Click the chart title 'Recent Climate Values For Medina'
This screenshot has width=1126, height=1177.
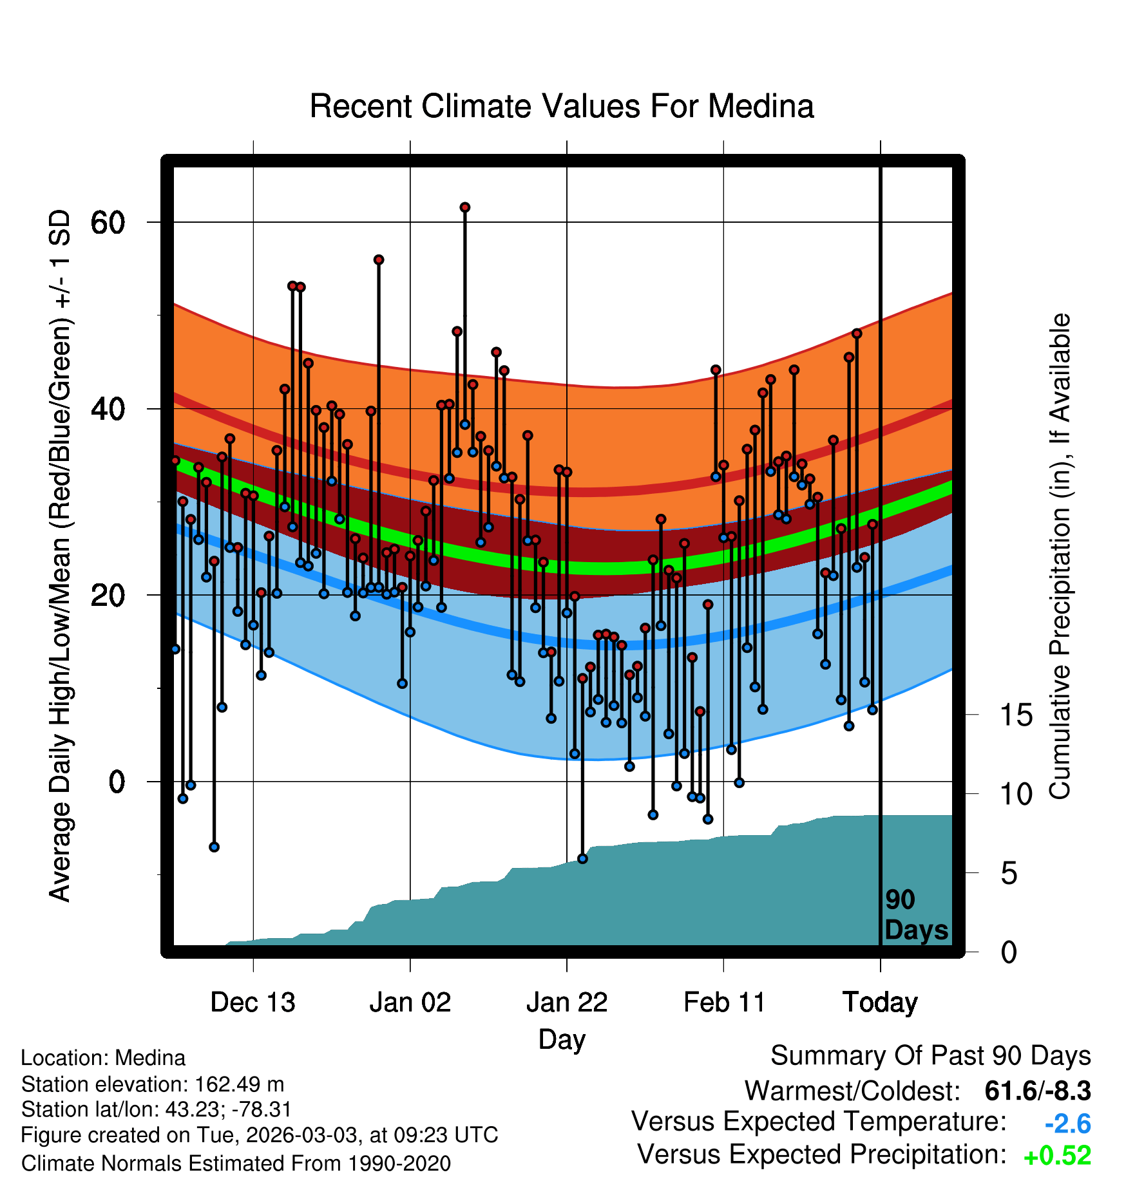tap(562, 106)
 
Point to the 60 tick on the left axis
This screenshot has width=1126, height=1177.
tap(108, 223)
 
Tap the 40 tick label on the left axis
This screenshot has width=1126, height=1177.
tap(108, 409)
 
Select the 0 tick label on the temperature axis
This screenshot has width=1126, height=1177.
tap(117, 782)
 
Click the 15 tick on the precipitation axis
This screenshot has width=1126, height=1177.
tap(1016, 715)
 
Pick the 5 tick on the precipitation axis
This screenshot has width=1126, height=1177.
tap(1009, 874)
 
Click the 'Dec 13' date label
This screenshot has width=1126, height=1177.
tap(253, 1003)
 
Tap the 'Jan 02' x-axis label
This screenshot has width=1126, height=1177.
tap(410, 1003)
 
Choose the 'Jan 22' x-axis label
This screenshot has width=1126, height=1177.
tap(567, 1003)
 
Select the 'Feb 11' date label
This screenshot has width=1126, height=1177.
tap(724, 1003)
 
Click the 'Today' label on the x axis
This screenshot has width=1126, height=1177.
tap(881, 1003)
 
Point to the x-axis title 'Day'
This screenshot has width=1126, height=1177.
tap(562, 1040)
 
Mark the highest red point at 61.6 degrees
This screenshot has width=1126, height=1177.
tap(465, 207)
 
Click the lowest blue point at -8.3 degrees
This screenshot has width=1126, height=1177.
tap(582, 858)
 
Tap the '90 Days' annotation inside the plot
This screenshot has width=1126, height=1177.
tap(916, 915)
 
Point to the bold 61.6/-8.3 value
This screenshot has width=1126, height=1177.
tap(1038, 1091)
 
